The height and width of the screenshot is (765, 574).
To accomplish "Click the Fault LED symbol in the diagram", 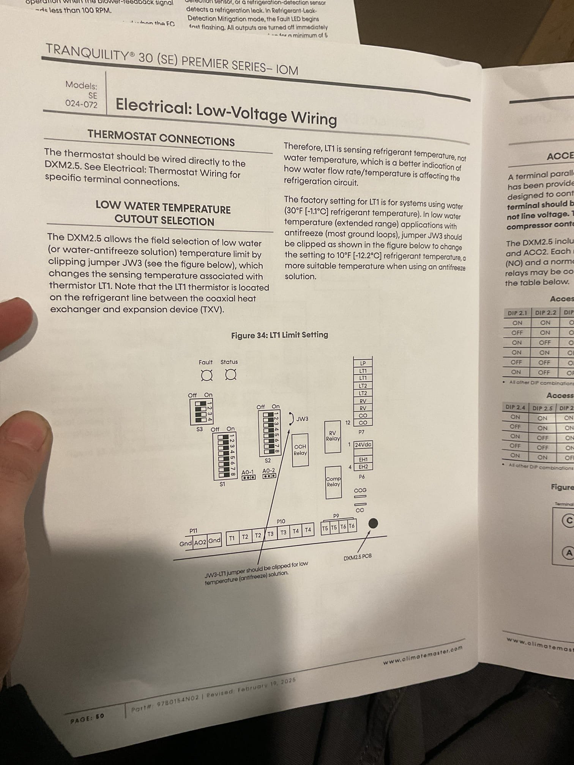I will pos(207,375).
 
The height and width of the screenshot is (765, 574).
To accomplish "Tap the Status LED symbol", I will pos(230,375).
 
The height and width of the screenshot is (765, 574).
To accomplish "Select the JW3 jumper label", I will pos(302,419).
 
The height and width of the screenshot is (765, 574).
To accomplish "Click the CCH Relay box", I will pos(300,450).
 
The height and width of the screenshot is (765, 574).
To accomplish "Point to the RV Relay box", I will pos(333,436).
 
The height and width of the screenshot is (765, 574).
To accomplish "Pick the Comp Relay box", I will pos(333,482).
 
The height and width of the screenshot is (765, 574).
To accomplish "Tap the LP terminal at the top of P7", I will pos(363,363).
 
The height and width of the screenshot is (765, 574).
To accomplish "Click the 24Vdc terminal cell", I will pos(363,445).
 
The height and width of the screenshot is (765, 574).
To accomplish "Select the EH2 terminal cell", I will pos(363,467).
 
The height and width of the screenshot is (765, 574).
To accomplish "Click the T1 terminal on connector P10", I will pos(232,538).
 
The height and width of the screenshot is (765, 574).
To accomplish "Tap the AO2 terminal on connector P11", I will pos(200,543).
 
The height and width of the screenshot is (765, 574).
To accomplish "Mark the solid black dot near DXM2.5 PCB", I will pos(373,523).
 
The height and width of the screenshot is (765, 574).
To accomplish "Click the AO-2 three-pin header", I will pos(269,475).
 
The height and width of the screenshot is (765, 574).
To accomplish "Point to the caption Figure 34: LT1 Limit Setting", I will pos(279,335).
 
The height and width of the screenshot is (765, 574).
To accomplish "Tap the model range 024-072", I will pos(81,104).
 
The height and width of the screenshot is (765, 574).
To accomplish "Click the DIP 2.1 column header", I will pos(517,313).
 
